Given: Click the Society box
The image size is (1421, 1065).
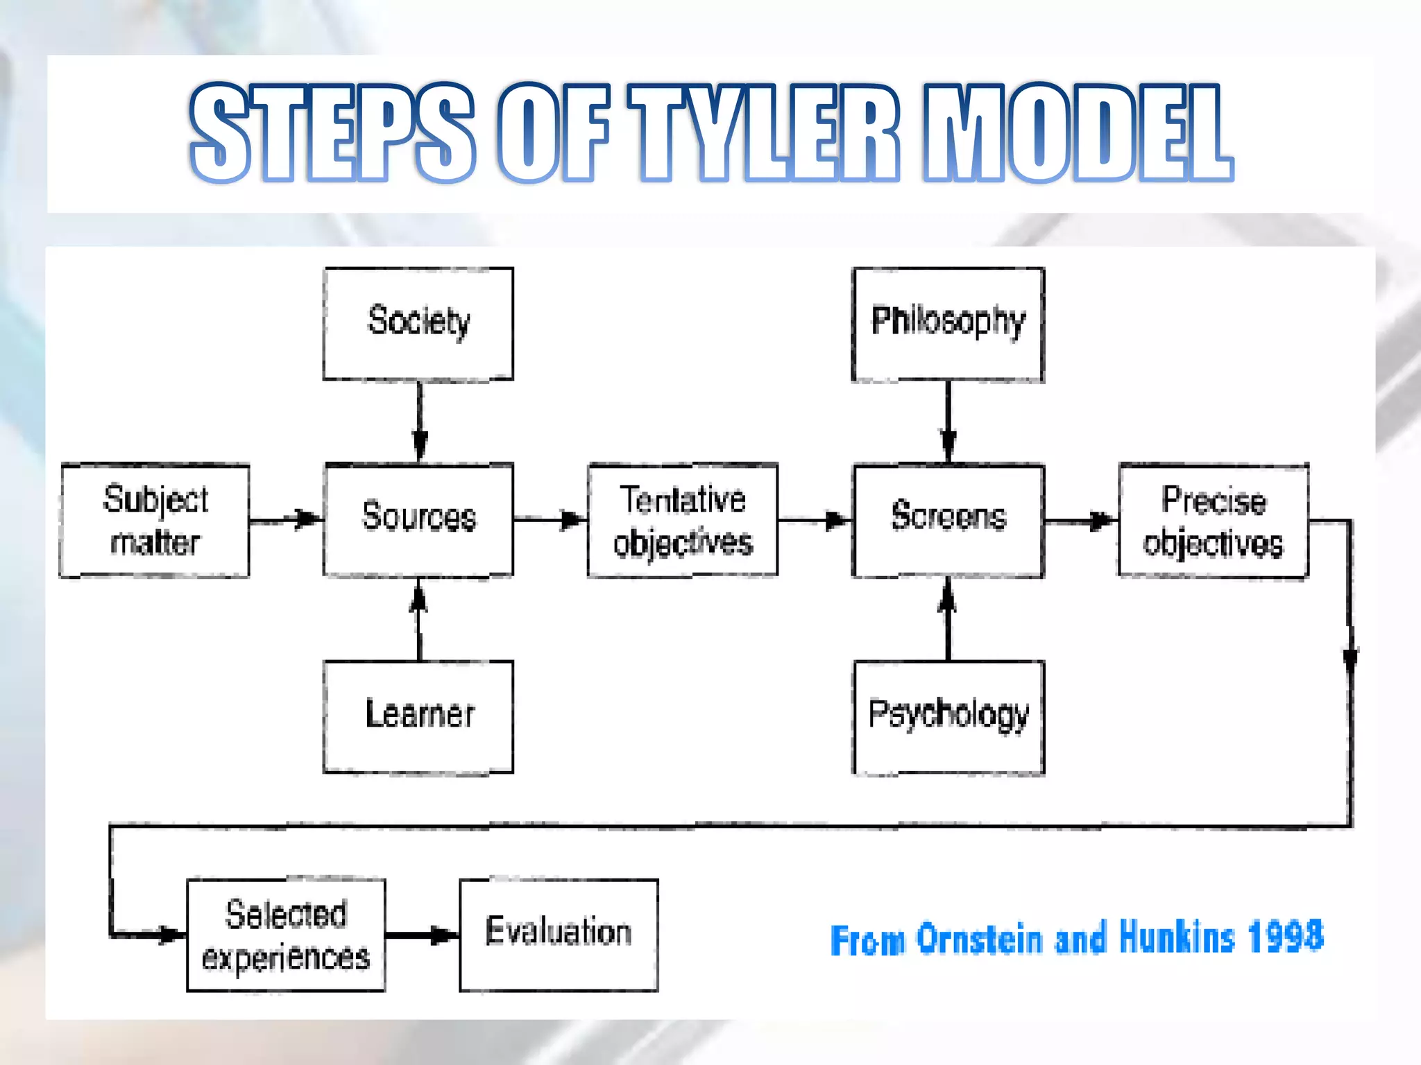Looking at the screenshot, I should tap(418, 323).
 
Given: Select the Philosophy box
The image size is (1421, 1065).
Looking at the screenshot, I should tap(948, 324).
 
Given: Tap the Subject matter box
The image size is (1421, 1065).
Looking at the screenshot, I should tap(155, 520).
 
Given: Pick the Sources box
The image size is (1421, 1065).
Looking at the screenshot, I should tap(418, 519).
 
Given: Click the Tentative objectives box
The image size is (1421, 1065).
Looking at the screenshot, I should tap(683, 520).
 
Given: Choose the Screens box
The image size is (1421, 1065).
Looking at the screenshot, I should tap(948, 520).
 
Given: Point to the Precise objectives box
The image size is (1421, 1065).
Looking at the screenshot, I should tap(1214, 521).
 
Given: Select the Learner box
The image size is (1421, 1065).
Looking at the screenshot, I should tap(418, 716).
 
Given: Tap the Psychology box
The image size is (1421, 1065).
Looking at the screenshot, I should tap(948, 717).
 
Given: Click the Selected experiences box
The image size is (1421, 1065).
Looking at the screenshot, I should tap(286, 935).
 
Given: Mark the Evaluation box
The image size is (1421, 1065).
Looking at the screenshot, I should tap(559, 935).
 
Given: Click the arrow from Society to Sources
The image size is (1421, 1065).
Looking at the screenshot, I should tap(419, 421).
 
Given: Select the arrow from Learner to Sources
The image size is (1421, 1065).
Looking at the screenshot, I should tap(418, 619).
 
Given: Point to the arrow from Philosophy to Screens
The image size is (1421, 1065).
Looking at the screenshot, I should tap(948, 422).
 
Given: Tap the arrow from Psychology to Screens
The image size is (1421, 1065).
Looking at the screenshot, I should tap(948, 619).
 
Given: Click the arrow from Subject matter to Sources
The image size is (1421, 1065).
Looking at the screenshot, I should tap(286, 519).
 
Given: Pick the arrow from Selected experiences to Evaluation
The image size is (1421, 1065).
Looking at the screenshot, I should tap(422, 935).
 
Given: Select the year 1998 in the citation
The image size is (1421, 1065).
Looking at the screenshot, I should tap(1285, 937).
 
